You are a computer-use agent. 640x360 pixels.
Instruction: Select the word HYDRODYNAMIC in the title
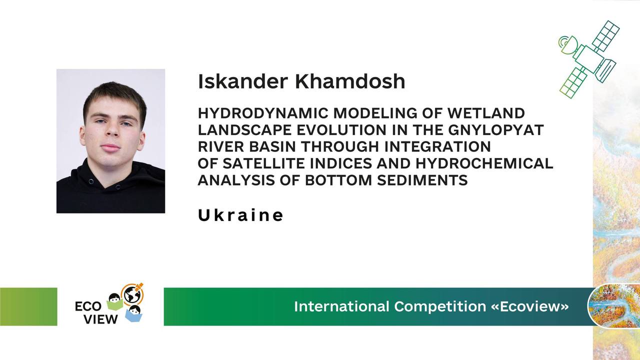263,113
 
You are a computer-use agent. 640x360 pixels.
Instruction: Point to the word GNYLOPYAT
495,130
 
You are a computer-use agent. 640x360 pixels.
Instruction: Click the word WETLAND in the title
486,113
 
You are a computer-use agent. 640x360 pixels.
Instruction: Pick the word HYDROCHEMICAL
484,163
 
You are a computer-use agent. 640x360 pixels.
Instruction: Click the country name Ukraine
240,215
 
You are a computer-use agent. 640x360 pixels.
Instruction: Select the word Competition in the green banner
440,306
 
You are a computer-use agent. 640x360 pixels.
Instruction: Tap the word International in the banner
341,306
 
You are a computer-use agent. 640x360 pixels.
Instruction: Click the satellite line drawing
589,59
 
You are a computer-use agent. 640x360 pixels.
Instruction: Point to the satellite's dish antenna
566,45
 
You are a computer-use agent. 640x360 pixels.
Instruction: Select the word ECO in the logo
88,306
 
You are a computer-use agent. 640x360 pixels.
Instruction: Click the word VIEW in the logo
101,319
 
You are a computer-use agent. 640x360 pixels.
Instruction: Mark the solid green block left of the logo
28,306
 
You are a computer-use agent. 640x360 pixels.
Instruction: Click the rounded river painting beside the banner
613,305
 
